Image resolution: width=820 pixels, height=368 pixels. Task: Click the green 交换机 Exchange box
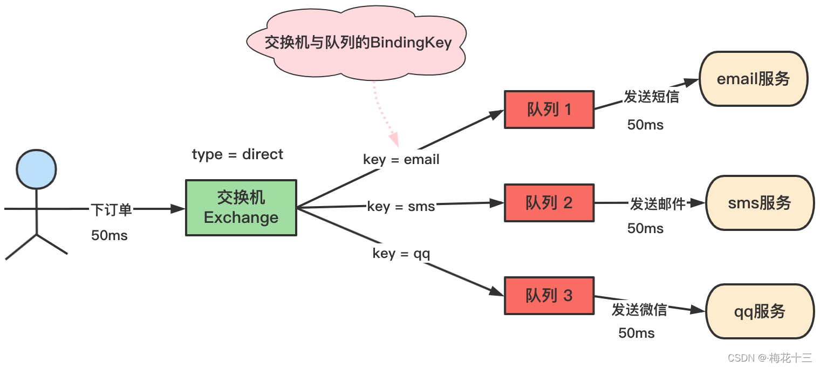coord(241,208)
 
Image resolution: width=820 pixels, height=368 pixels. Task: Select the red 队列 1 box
coord(549,110)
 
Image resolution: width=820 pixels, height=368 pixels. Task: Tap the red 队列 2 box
coord(549,203)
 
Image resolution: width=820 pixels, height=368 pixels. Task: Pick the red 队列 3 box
coord(549,296)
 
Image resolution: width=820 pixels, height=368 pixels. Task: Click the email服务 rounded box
coord(753,79)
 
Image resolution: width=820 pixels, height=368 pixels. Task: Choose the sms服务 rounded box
coord(759,203)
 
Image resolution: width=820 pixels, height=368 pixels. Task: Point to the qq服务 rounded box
coord(759,311)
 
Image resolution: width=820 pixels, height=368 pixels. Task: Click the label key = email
coord(401,160)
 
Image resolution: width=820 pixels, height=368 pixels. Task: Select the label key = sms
coord(401,206)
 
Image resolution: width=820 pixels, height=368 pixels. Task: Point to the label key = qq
coord(401,253)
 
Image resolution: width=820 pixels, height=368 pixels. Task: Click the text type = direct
coord(237,154)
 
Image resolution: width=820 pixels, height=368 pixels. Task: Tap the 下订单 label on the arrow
coord(111,210)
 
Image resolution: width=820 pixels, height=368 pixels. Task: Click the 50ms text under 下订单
coord(110,235)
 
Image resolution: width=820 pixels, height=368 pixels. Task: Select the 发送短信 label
coord(651,97)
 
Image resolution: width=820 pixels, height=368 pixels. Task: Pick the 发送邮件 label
coord(658,204)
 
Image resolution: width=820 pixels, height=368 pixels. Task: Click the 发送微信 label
coord(639,310)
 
